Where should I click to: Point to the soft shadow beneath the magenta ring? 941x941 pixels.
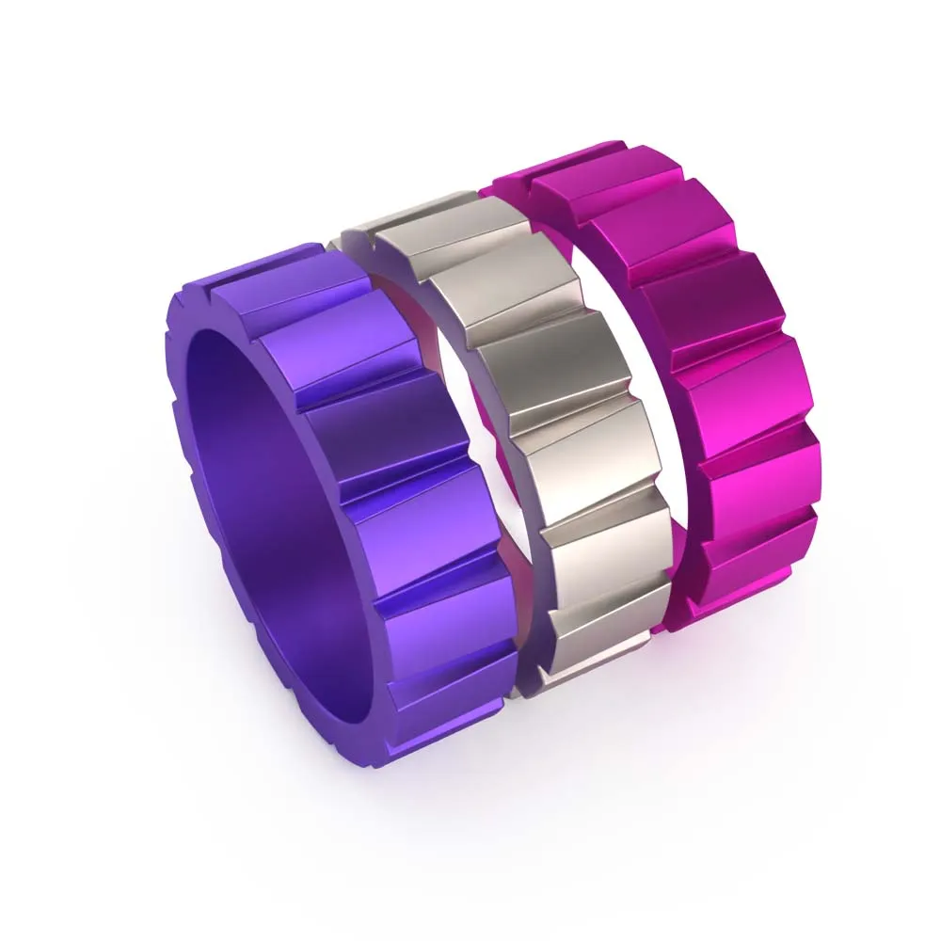point(753,659)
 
